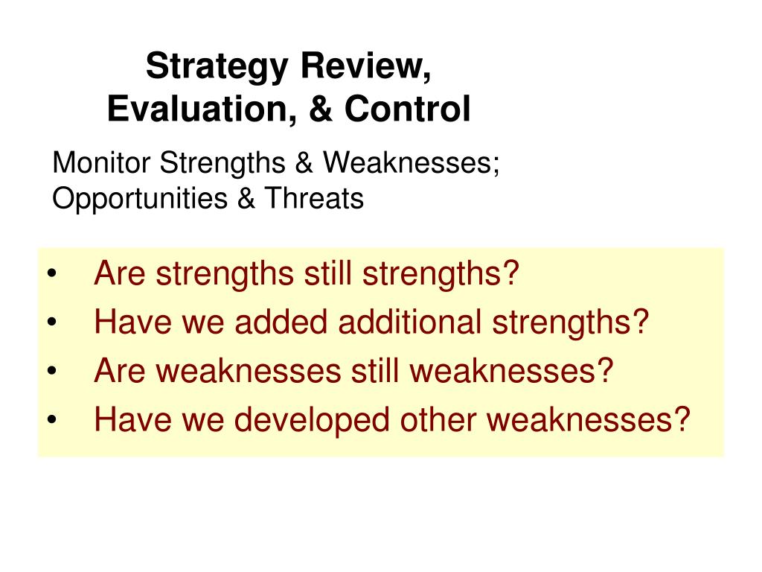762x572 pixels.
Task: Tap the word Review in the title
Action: (x=366, y=66)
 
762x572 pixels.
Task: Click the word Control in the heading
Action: (x=407, y=108)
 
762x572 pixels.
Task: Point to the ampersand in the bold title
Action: (x=320, y=109)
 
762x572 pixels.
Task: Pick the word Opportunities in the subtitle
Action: (x=140, y=199)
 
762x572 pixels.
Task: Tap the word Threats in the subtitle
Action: (x=314, y=198)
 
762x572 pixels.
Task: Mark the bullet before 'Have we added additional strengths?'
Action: (x=52, y=322)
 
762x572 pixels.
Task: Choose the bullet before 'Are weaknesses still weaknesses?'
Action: (x=52, y=371)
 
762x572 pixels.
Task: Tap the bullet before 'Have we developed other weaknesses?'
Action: (x=52, y=419)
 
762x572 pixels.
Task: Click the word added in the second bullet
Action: (x=281, y=322)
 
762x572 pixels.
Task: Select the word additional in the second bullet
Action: (x=410, y=322)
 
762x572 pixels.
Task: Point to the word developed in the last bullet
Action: (x=312, y=420)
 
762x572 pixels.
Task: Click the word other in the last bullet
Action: (x=438, y=419)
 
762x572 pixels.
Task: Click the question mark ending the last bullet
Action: (x=682, y=419)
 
